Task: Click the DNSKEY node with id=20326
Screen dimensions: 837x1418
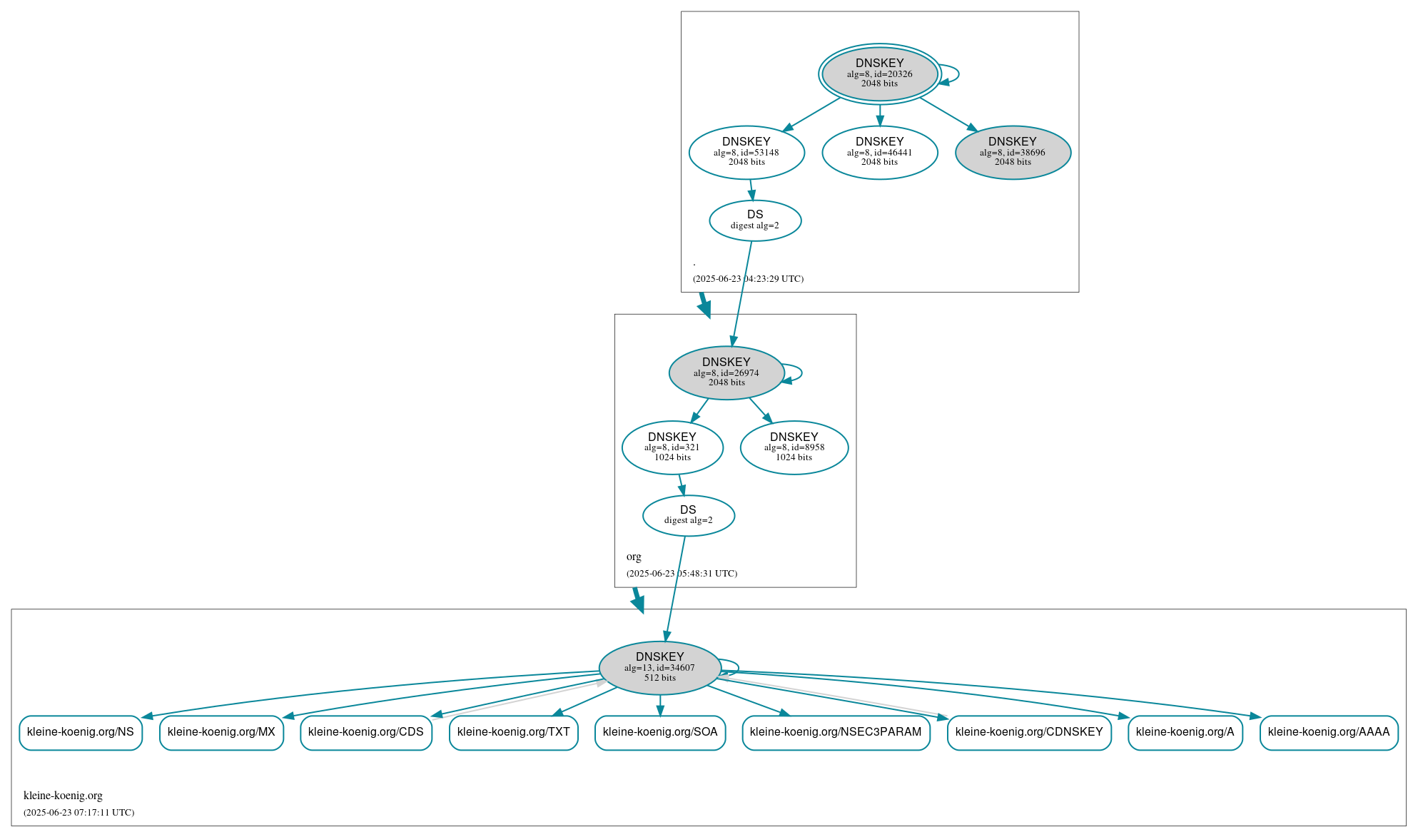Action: pos(879,74)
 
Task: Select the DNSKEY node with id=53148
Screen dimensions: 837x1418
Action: pos(746,152)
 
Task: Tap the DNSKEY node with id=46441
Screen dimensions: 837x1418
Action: pos(879,152)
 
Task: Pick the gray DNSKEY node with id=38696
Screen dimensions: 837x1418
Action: pos(1013,152)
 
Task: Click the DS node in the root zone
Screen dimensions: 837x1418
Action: pos(755,220)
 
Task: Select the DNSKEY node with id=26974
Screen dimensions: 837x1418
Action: pos(726,372)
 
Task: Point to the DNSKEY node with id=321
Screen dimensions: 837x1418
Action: pos(672,447)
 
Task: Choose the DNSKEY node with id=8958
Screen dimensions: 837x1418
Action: pos(794,447)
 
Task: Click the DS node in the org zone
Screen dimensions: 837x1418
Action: pos(689,515)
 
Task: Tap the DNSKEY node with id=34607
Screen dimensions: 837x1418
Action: pos(659,668)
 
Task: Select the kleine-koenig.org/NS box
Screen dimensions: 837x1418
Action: pos(81,732)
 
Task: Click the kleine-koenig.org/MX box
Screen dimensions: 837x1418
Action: pos(221,732)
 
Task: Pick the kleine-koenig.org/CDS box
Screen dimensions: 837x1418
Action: pos(366,732)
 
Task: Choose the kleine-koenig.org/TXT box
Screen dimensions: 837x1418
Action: pos(514,732)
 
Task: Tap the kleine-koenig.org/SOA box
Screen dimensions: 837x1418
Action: pos(660,732)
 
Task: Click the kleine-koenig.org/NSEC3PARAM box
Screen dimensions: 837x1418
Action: pos(836,732)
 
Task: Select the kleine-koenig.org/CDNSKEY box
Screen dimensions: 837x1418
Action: pos(1029,732)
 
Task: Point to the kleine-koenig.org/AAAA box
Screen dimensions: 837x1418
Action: pos(1329,732)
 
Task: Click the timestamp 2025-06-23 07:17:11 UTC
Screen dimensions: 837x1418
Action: pos(79,813)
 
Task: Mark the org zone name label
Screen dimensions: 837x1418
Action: pos(634,557)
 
